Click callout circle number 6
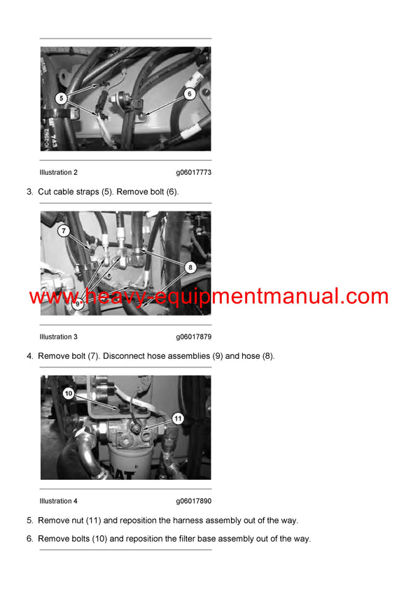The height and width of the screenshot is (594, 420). pos(189,93)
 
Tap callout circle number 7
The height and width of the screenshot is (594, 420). pos(64,230)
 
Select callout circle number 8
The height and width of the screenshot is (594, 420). pos(189,267)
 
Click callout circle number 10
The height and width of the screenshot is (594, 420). pos(68,394)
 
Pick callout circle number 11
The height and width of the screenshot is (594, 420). pos(178,418)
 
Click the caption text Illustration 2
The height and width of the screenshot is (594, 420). pos(59,172)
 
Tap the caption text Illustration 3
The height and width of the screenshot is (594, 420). pos(59,337)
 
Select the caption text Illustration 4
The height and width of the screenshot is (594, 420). pos(59,501)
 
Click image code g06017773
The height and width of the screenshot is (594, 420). pos(193,172)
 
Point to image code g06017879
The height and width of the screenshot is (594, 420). pos(193,337)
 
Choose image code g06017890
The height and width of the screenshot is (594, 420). pos(193,501)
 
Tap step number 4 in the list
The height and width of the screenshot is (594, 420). pos(29,356)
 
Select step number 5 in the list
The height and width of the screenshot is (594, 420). pos(29,521)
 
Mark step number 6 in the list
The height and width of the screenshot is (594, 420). pos(29,539)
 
